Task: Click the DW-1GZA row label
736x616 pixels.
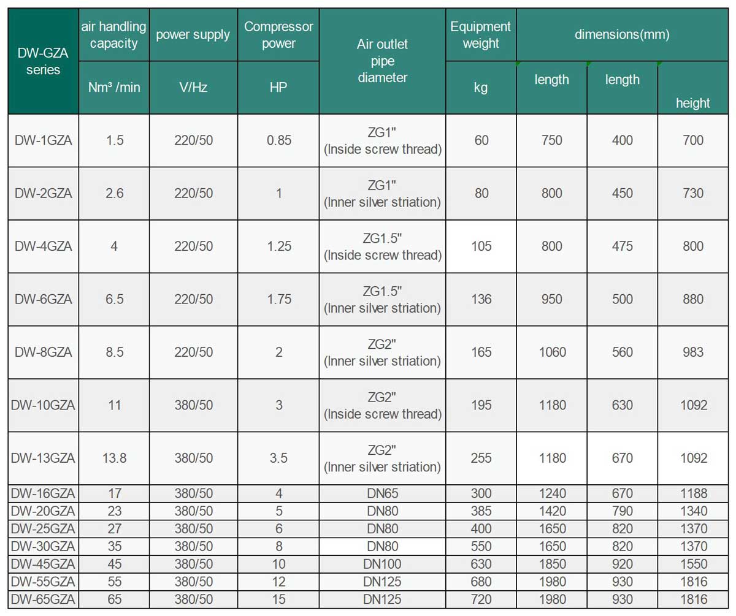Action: [43, 140]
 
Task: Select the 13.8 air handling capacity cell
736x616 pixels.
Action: [114, 458]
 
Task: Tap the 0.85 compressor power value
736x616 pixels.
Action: [278, 140]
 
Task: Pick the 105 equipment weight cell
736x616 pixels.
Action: [481, 246]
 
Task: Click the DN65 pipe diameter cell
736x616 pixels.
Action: [382, 493]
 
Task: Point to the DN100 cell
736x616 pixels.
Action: [382, 564]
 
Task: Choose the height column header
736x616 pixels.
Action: [692, 103]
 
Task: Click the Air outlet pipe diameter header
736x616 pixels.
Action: [382, 61]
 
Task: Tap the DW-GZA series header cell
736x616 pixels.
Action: [43, 61]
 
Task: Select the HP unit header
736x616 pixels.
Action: [278, 87]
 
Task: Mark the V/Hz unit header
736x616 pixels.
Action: [193, 87]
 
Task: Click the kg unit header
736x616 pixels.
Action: [481, 87]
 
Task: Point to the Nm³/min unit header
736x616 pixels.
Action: [114, 87]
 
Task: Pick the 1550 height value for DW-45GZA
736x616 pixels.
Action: [694, 564]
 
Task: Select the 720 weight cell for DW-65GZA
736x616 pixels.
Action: [481, 599]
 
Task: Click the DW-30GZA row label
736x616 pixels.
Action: [43, 546]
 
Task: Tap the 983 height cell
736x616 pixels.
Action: [694, 352]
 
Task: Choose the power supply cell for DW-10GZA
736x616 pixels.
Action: [193, 405]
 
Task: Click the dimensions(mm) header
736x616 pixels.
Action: [622, 34]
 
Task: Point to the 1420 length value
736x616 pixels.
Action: [552, 511]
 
